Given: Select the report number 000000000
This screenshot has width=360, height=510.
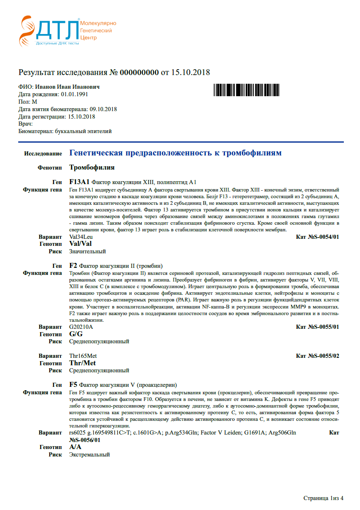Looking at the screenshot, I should click(139, 73).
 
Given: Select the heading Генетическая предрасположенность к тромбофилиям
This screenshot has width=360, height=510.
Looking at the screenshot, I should click(175, 153).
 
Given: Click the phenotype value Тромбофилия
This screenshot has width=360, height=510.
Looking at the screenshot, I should click(92, 168).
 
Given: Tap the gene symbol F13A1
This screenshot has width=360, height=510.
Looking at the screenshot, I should click(79, 182).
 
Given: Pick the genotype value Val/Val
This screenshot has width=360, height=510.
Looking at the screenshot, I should click(80, 244).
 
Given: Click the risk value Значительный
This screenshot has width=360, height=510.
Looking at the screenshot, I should click(87, 251).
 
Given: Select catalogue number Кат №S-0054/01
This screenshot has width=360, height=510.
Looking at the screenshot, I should click(318, 237).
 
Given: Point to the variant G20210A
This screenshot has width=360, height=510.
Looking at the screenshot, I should click(81, 327).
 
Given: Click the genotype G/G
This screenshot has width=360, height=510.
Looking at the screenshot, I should click(76, 334).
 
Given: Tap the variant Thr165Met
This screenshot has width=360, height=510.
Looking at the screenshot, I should click(83, 356).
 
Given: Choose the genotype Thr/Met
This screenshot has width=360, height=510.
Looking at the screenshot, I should click(82, 363).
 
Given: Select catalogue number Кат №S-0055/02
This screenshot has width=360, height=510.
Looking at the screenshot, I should click(318, 356).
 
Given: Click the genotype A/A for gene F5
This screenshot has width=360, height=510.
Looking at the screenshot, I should click(75, 447).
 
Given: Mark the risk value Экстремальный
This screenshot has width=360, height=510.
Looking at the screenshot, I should click(89, 454).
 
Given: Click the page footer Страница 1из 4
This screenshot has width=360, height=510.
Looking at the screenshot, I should click(323, 498).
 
